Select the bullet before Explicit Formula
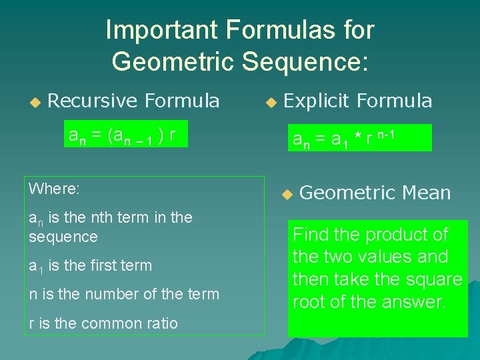(x=270, y=103)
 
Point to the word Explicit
(x=317, y=101)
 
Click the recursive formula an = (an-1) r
(x=122, y=135)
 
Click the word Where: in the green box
(x=54, y=189)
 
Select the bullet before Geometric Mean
(x=287, y=195)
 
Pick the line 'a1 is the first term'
(x=90, y=265)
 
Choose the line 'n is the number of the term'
(x=123, y=294)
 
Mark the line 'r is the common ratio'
(x=103, y=323)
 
